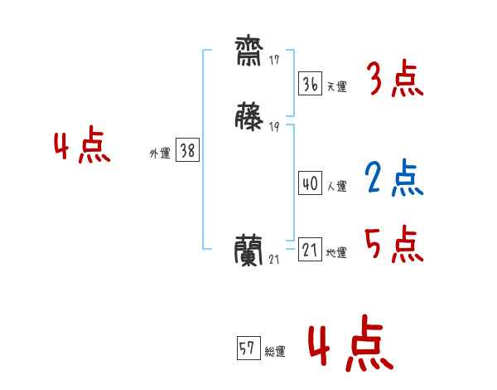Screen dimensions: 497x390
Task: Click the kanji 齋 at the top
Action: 248,53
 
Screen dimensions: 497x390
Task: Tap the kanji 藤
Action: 248,117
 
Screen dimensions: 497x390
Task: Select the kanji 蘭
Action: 249,248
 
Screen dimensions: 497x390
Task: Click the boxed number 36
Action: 309,83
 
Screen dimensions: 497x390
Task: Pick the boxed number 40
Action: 309,183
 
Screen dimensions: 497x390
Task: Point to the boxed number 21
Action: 309,249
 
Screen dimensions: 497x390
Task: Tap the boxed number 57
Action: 247,349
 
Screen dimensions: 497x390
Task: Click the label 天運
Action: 336,86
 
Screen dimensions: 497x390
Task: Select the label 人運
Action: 336,187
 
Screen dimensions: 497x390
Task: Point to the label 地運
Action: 336,252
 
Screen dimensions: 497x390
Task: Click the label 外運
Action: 159,154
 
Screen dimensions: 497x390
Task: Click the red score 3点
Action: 395,80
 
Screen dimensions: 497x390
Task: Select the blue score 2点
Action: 395,178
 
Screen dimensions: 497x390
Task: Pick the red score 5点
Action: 395,244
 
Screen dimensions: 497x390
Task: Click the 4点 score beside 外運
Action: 82,147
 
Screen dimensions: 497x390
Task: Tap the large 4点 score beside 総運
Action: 350,344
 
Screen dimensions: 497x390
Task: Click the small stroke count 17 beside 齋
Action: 274,61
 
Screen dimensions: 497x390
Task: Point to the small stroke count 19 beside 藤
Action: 274,126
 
